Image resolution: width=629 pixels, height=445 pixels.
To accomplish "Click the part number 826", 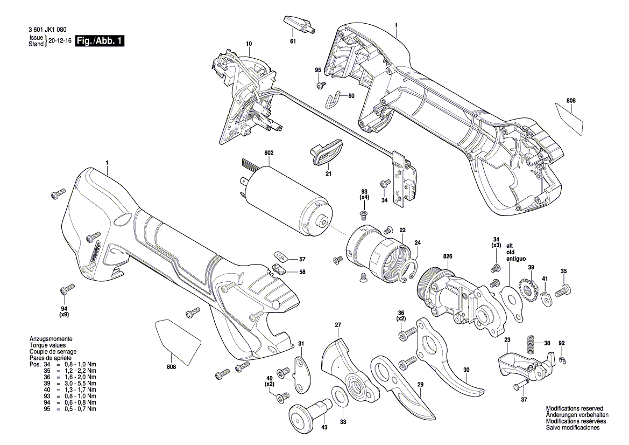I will (448, 256).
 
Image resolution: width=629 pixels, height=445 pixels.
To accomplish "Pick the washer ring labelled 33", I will (339, 395).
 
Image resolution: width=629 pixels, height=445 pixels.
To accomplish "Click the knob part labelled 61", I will (296, 24).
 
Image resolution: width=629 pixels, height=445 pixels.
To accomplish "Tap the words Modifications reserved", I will (574, 409).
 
